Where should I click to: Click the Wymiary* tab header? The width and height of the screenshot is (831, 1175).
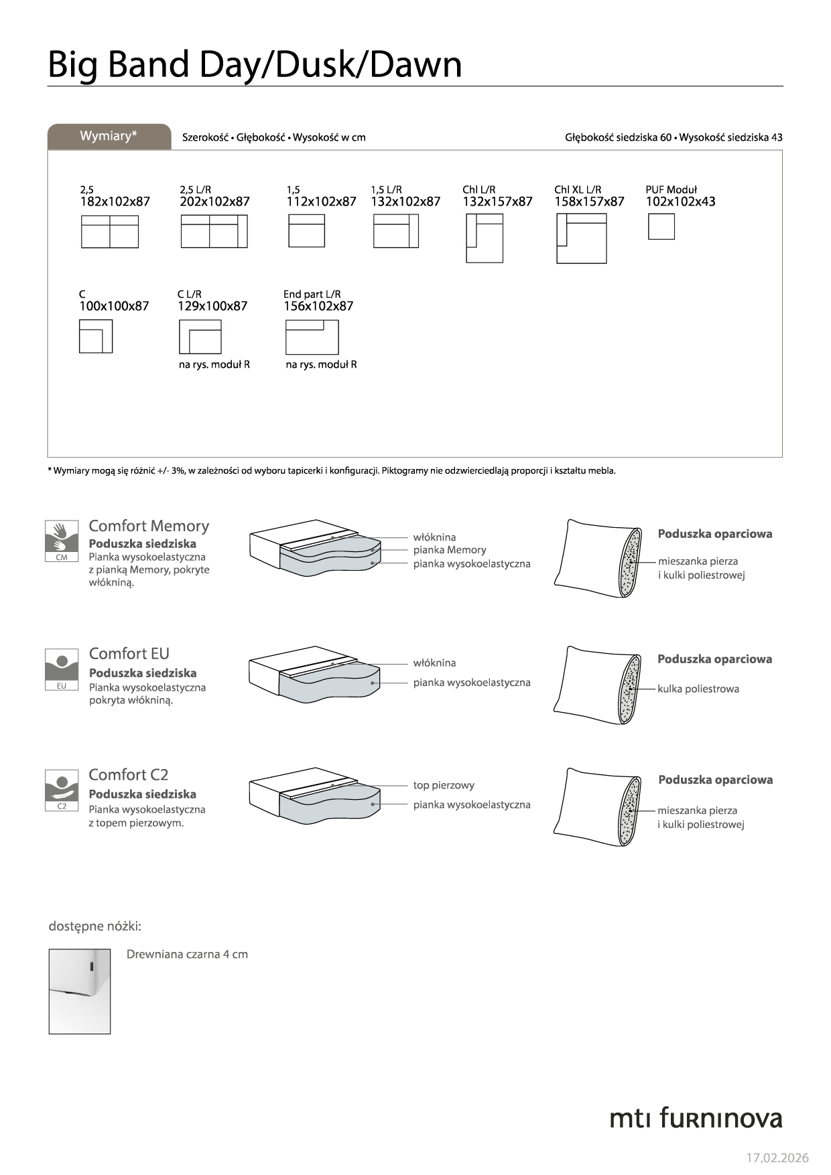tap(109, 136)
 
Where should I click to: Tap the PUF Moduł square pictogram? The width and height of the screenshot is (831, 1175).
tap(661, 226)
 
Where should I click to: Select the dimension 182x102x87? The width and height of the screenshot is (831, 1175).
tap(115, 202)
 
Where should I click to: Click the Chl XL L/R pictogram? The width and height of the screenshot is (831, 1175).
tap(581, 238)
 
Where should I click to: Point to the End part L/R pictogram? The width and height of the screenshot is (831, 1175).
tap(312, 337)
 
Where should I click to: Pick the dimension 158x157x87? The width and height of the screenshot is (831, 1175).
tap(589, 202)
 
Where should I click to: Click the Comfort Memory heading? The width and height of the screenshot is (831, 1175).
tap(149, 526)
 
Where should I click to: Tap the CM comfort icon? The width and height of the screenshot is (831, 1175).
tap(62, 541)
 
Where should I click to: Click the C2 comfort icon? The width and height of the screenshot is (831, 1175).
tap(62, 790)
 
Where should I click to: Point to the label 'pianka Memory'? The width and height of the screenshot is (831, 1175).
tap(449, 550)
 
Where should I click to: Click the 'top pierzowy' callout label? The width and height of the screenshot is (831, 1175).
tap(444, 785)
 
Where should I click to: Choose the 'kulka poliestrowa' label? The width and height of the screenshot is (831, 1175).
tap(698, 689)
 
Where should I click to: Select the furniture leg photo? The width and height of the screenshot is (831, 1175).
tap(79, 991)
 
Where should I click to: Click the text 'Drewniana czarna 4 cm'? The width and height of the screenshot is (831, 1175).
tap(187, 954)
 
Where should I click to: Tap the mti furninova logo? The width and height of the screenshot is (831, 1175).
tap(696, 1118)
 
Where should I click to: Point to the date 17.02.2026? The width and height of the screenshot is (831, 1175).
tap(777, 1158)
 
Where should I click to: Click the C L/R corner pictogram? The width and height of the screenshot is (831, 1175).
tap(200, 337)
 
